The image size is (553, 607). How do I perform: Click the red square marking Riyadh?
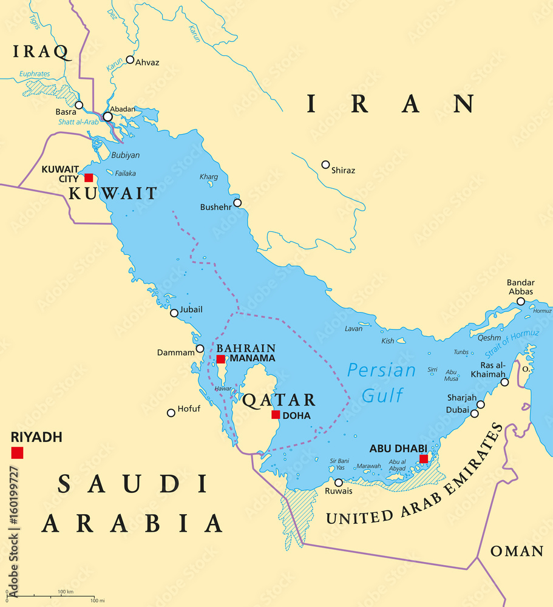coord(17,452)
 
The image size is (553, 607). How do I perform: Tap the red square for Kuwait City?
coord(89,178)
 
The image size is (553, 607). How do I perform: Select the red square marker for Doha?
coord(276,415)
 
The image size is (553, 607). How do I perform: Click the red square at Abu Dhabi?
coord(424,459)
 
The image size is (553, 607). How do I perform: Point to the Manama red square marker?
coord(220,359)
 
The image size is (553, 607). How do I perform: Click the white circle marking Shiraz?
coord(325,164)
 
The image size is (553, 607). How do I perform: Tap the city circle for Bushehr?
coord(237,203)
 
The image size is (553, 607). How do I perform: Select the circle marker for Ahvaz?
coord(130,59)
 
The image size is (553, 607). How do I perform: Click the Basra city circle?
coord(79,105)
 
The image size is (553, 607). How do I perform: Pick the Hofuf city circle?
coord(171,413)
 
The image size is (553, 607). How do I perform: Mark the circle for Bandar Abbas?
coord(521,301)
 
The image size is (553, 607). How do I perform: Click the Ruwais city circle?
coord(339,483)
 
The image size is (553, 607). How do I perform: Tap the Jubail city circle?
coord(174,313)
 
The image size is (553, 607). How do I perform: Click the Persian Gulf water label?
coord(382,383)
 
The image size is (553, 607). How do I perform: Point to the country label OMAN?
coord(517,551)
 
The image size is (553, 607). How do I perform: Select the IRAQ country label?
coord(40,52)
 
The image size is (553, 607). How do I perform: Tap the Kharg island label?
coord(208,177)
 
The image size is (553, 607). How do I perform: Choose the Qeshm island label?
coord(489,339)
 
